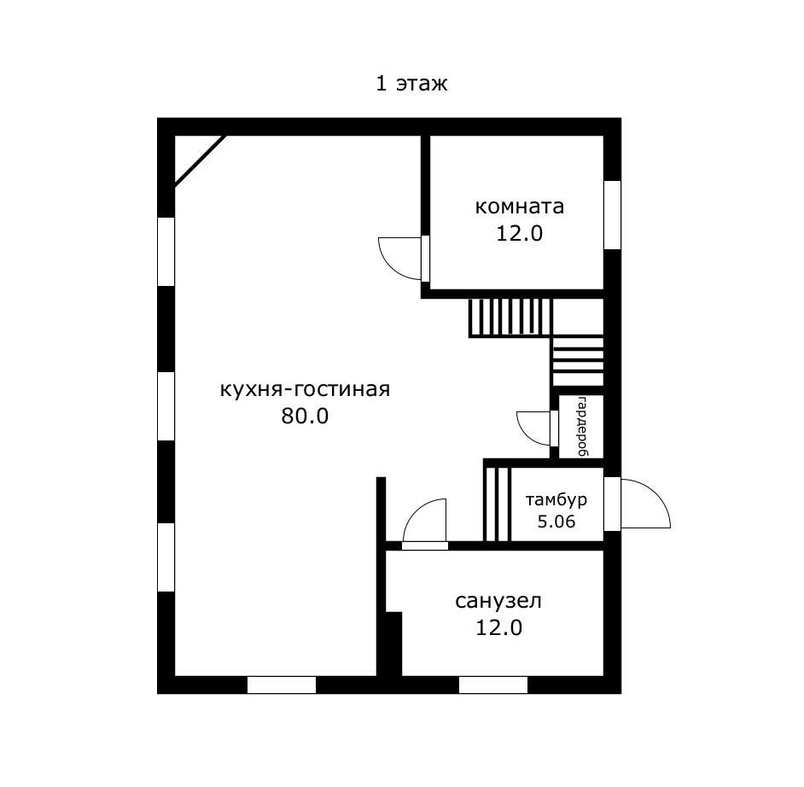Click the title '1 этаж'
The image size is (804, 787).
point(411,84)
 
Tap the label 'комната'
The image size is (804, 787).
point(519,207)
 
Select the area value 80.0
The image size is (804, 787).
point(305,417)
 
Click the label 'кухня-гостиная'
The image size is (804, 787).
point(305,390)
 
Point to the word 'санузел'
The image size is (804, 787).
point(498,601)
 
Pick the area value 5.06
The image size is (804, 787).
point(556,521)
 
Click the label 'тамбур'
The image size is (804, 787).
point(556,499)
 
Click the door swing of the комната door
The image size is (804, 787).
point(398,257)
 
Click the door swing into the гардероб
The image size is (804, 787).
point(534,428)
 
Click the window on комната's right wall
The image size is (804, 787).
point(612,215)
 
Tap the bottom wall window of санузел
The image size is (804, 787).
point(492,684)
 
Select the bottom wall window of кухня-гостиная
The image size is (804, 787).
point(281,684)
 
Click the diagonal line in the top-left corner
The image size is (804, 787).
point(200,160)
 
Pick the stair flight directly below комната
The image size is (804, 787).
point(510,317)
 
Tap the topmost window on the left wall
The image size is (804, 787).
point(166,251)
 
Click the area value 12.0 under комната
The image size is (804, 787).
point(519,233)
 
